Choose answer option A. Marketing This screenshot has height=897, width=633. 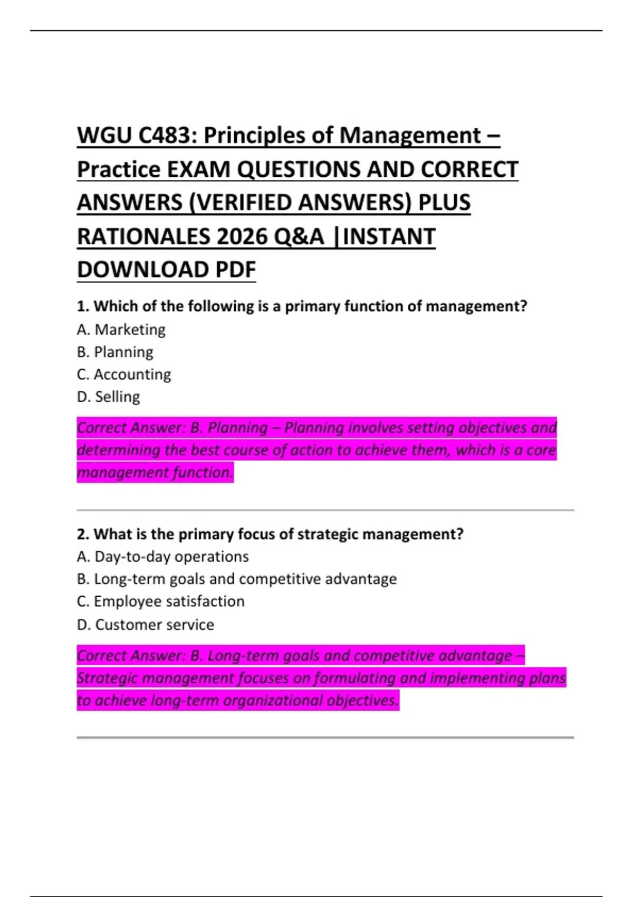click(x=121, y=329)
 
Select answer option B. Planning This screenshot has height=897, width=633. click(x=115, y=352)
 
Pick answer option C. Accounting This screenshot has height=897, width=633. click(x=124, y=374)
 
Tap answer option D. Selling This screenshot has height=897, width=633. click(x=108, y=397)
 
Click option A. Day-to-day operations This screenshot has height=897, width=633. click(x=162, y=557)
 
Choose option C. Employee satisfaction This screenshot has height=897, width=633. click(x=160, y=602)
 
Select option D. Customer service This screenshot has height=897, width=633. click(x=145, y=625)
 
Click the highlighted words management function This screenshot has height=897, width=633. click(x=154, y=472)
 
